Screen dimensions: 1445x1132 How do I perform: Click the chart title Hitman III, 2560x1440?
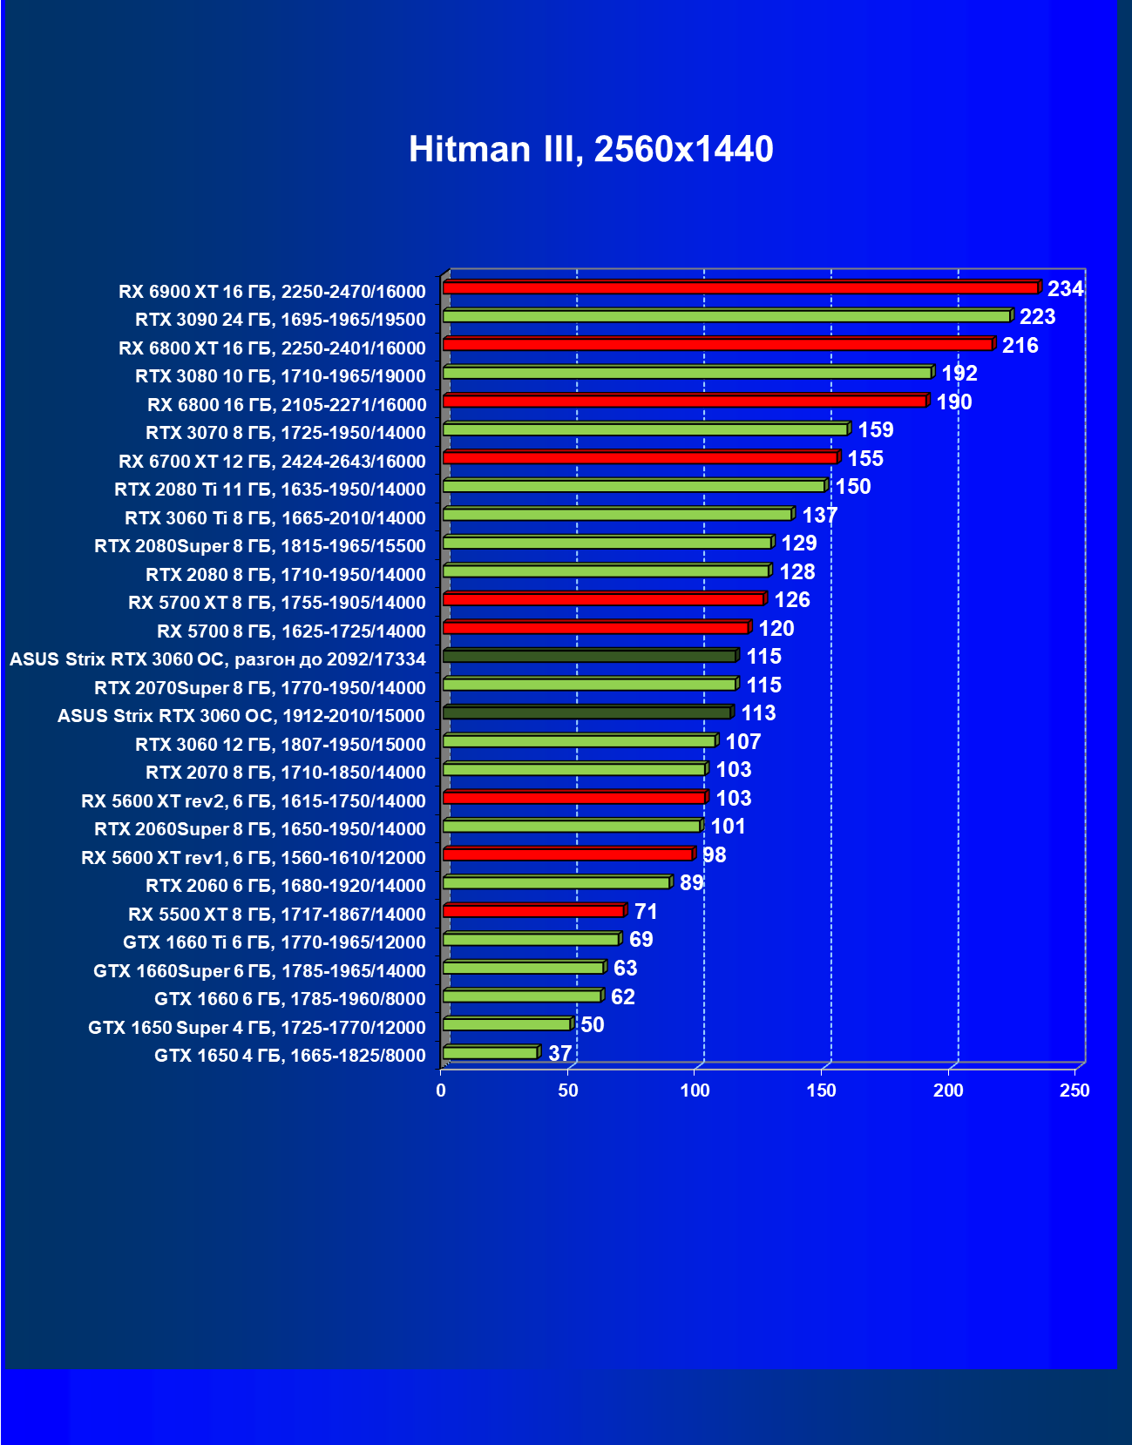591,149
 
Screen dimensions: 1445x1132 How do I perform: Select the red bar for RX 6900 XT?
741,287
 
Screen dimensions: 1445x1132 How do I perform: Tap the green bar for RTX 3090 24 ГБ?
727,316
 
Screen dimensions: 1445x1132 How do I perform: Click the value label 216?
1020,345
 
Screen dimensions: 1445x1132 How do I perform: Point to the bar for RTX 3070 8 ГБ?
645,429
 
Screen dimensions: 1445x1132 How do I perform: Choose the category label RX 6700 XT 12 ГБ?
272,461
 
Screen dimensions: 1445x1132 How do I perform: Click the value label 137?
819,515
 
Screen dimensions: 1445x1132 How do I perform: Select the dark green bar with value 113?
586,712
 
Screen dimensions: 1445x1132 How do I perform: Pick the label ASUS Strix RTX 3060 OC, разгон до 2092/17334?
218,659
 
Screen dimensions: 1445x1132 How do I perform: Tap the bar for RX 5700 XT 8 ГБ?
603,599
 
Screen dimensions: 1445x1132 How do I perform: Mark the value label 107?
742,741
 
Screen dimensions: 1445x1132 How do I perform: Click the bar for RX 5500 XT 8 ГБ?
533,911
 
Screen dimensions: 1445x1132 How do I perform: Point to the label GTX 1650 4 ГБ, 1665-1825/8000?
290,1056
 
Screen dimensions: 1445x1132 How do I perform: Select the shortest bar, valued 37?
490,1053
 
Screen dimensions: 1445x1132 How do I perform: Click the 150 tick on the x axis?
821,1091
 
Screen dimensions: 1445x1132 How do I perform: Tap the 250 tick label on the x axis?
1074,1091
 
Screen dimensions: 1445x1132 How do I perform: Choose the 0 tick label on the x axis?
441,1091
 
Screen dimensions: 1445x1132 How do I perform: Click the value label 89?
691,883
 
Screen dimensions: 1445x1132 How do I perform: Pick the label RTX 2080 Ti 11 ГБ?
270,490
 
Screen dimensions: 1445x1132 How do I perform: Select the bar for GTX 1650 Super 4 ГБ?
506,1024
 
